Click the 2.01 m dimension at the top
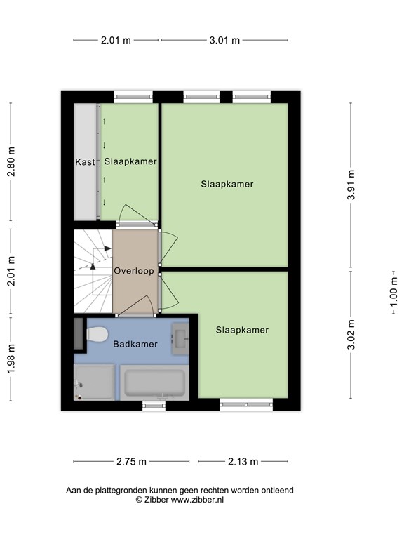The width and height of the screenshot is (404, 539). click(116, 40)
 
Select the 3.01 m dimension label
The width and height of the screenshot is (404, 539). click(224, 40)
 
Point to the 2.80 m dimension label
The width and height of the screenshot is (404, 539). click(11, 162)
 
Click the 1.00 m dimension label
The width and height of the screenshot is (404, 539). click(393, 290)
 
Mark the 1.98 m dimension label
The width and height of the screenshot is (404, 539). click(11, 359)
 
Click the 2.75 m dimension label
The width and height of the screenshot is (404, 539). click(131, 461)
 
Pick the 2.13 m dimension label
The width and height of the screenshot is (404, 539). click(243, 461)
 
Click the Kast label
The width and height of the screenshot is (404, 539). click(85, 162)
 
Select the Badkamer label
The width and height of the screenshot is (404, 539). click(135, 344)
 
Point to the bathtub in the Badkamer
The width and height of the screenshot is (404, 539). click(154, 383)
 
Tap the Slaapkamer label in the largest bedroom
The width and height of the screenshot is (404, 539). click(227, 185)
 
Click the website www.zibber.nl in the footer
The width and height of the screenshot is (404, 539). click(198, 500)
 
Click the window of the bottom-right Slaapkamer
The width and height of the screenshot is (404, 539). click(245, 403)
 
